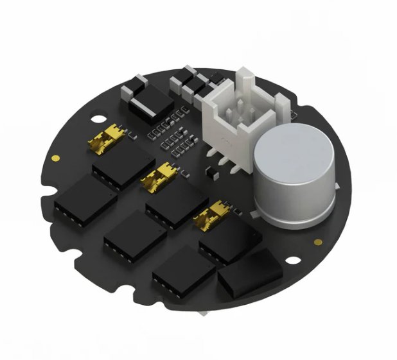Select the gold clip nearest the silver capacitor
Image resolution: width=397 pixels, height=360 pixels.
(x=213, y=218)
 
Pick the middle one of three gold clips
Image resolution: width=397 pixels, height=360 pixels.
(x=159, y=177)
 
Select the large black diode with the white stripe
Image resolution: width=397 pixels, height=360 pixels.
(x=150, y=105)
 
